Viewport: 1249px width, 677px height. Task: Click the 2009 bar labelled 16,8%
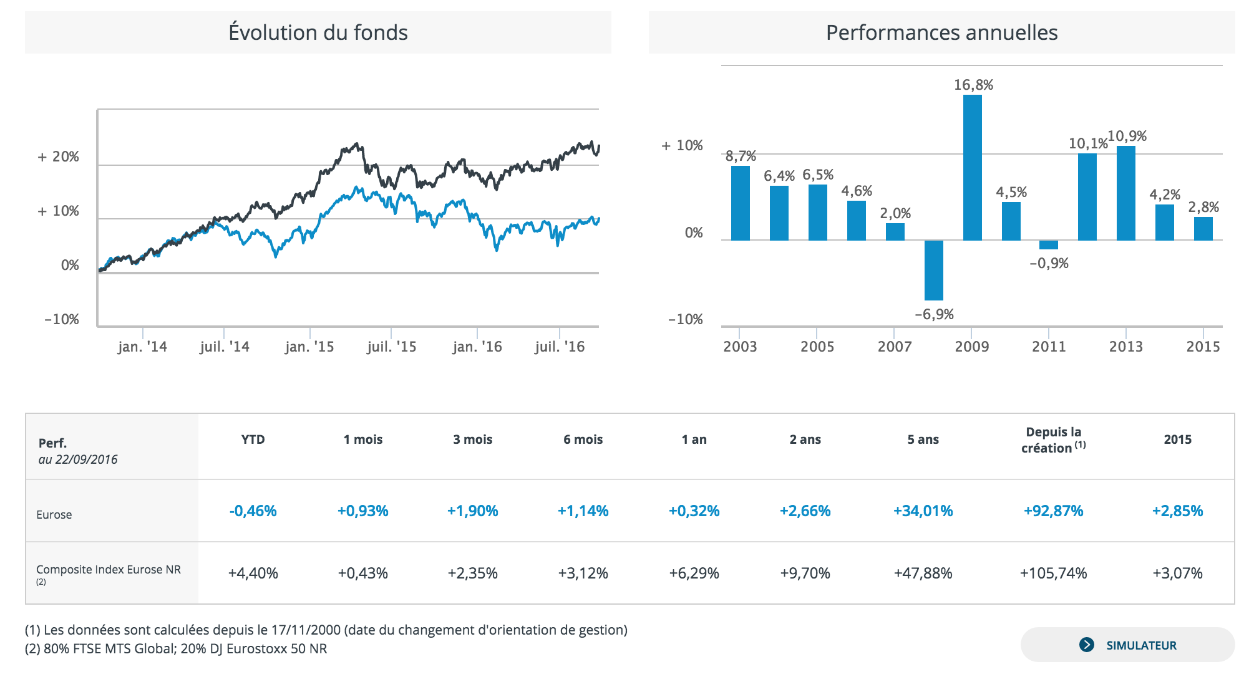pyautogui.click(x=972, y=167)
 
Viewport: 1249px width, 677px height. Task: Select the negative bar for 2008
pyautogui.click(x=933, y=270)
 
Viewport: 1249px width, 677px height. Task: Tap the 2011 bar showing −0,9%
pyautogui.click(x=1049, y=245)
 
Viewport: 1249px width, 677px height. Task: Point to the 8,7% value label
pyautogui.click(x=741, y=156)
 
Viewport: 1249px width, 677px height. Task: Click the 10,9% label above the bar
pyautogui.click(x=1127, y=136)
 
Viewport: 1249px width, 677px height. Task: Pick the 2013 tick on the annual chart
pyautogui.click(x=1125, y=347)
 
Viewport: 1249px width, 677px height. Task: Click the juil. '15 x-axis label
pyautogui.click(x=391, y=347)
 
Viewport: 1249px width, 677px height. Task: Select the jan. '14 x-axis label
pyautogui.click(x=142, y=347)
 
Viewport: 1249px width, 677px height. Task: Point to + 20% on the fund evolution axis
pyautogui.click(x=59, y=157)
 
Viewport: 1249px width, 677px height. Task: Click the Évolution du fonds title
pyautogui.click(x=318, y=32)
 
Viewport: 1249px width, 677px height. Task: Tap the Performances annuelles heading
pyautogui.click(x=941, y=32)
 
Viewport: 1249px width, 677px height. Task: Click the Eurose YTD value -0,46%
pyautogui.click(x=253, y=511)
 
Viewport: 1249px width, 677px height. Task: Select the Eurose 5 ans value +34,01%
pyautogui.click(x=923, y=511)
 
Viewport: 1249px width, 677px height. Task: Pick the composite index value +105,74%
pyautogui.click(x=1053, y=574)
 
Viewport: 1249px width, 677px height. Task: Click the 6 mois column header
pyautogui.click(x=583, y=439)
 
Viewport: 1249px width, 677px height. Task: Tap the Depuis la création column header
pyautogui.click(x=1053, y=440)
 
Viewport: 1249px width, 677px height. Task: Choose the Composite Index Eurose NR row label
pyautogui.click(x=109, y=570)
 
